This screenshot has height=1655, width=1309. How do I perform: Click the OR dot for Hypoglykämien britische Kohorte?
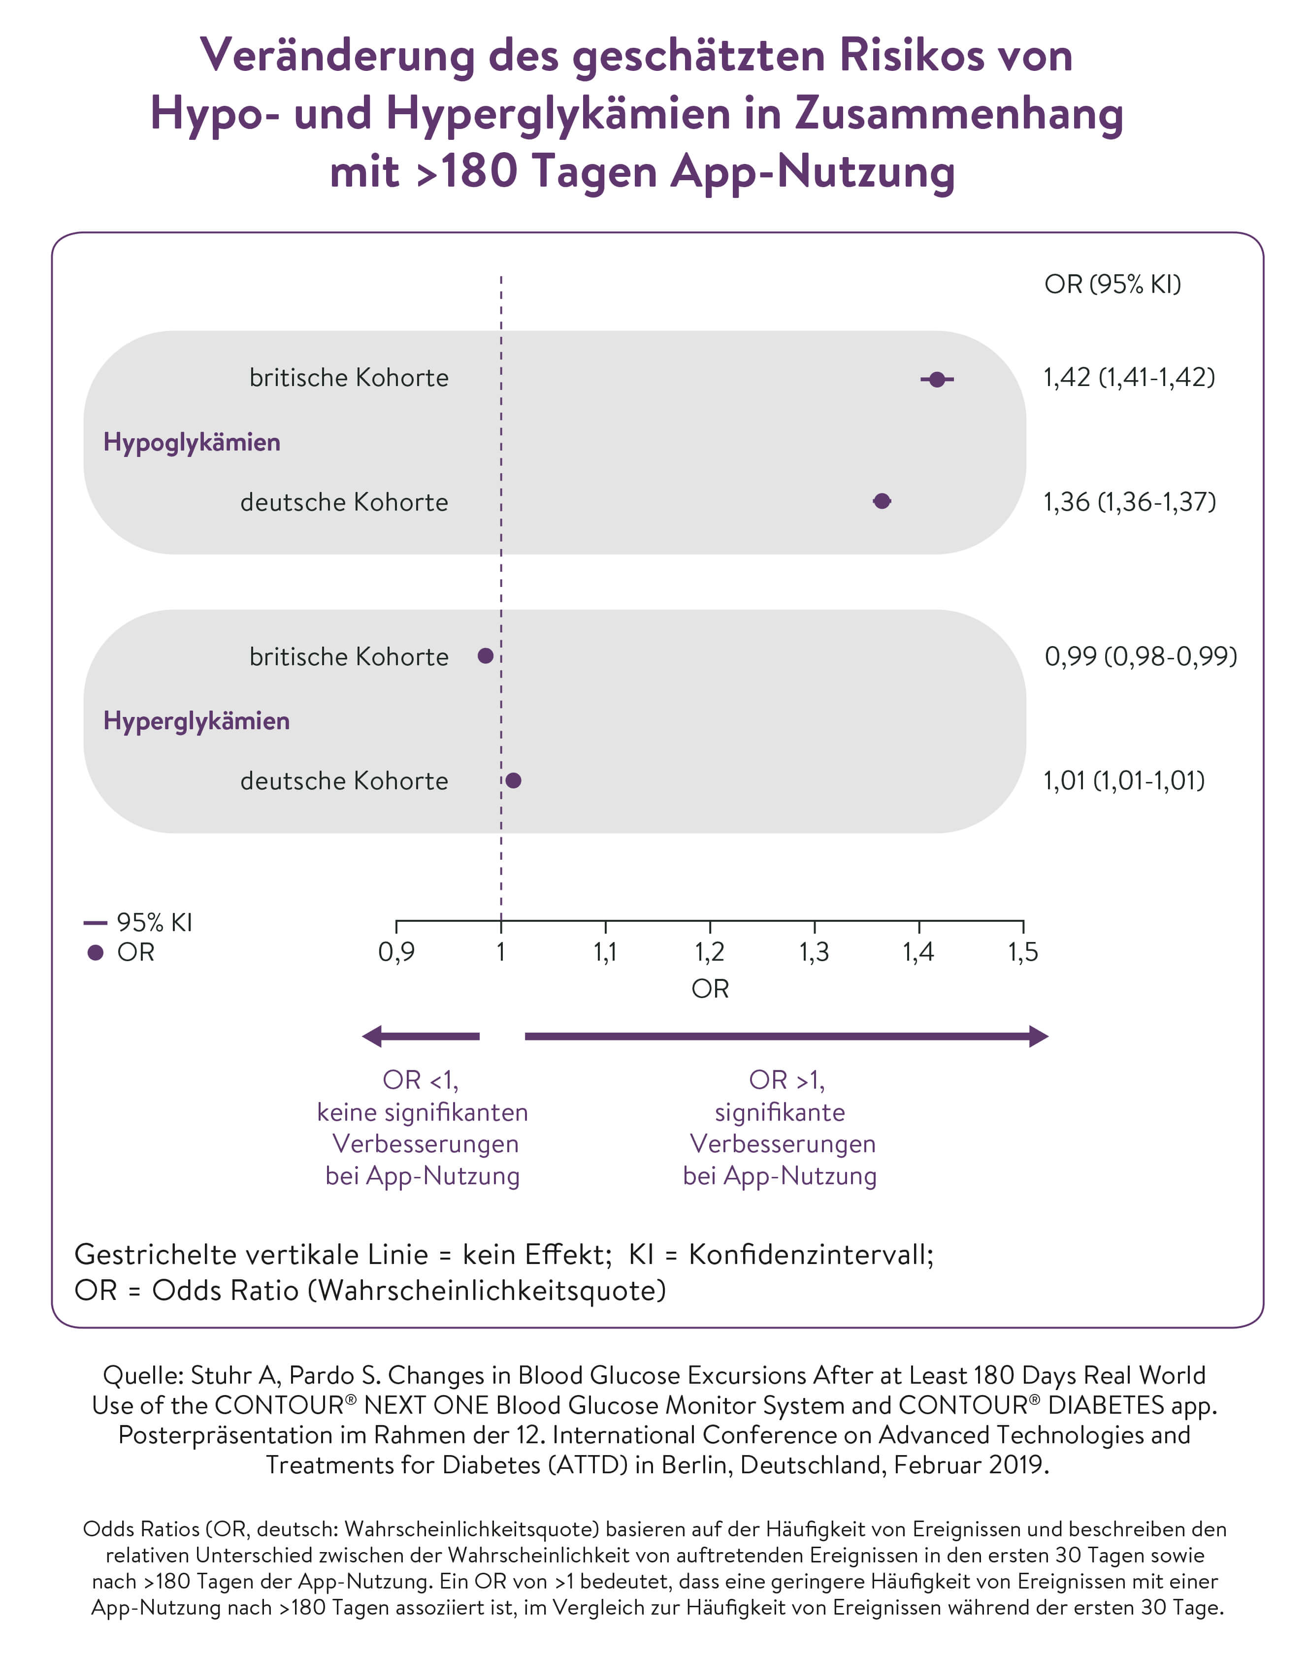(x=937, y=379)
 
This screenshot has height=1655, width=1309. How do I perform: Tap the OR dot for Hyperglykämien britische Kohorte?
(x=485, y=656)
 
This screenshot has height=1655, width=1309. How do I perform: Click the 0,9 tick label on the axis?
(x=396, y=952)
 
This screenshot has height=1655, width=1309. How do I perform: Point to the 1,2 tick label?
(x=710, y=952)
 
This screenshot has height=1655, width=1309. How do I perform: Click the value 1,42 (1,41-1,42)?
(x=1129, y=377)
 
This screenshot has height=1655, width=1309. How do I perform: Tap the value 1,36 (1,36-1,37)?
(x=1130, y=502)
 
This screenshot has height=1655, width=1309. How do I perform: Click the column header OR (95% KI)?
(x=1113, y=284)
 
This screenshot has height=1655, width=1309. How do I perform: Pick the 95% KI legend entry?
(x=138, y=922)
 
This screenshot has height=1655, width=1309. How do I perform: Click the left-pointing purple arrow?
(x=421, y=1037)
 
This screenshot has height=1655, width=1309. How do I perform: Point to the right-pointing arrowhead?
(x=1039, y=1037)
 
